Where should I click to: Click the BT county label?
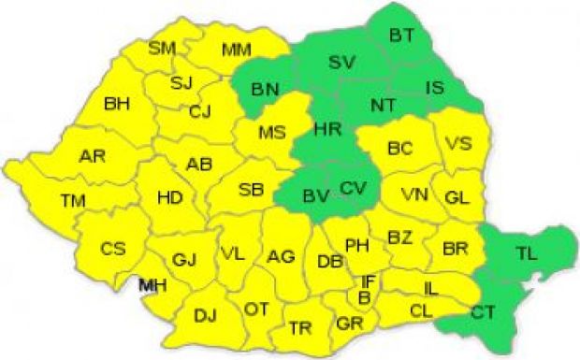point(402,36)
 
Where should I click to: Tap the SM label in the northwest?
point(162,47)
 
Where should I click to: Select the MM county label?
point(237,50)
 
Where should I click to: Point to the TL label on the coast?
point(528,251)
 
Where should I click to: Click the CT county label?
point(484,311)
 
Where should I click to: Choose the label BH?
point(118,103)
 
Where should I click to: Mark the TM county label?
point(73,200)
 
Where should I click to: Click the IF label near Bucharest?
point(369,280)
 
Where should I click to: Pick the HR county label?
point(327,128)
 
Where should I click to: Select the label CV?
point(353,189)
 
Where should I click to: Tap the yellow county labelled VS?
point(457,144)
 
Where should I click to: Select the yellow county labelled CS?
point(113,249)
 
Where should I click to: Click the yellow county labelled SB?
point(251,190)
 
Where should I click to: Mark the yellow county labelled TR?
point(300,326)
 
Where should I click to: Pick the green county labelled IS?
point(435,87)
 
